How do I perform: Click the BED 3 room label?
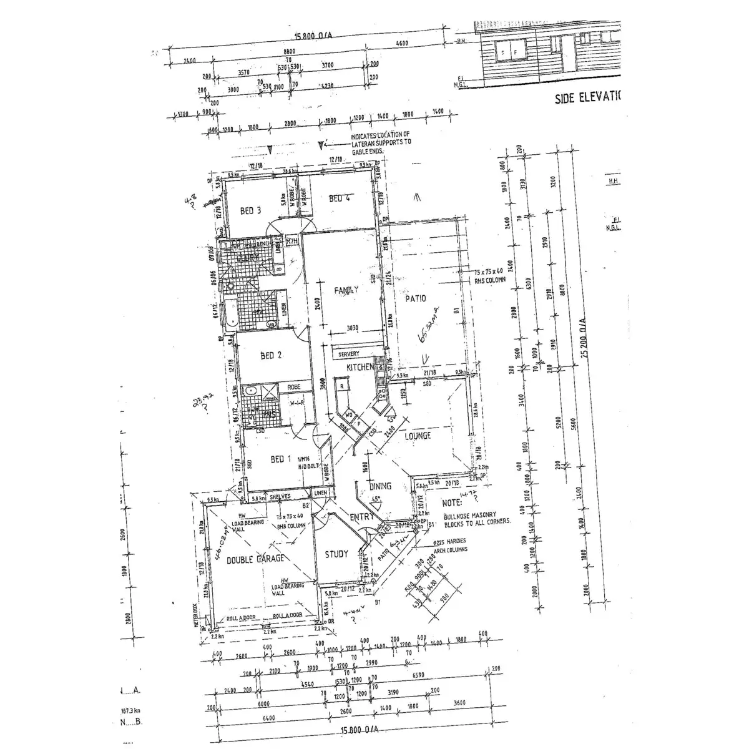[250, 211]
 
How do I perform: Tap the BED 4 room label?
[340, 198]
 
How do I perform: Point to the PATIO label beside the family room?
[415, 298]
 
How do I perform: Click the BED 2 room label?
[272, 355]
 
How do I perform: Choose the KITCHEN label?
[360, 367]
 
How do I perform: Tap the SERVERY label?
[349, 354]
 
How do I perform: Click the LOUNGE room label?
[418, 436]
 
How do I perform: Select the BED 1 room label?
[281, 459]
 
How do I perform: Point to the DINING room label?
[380, 486]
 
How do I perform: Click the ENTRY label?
[362, 516]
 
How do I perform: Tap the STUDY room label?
[336, 553]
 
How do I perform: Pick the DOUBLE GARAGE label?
[255, 559]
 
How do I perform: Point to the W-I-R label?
[296, 402]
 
